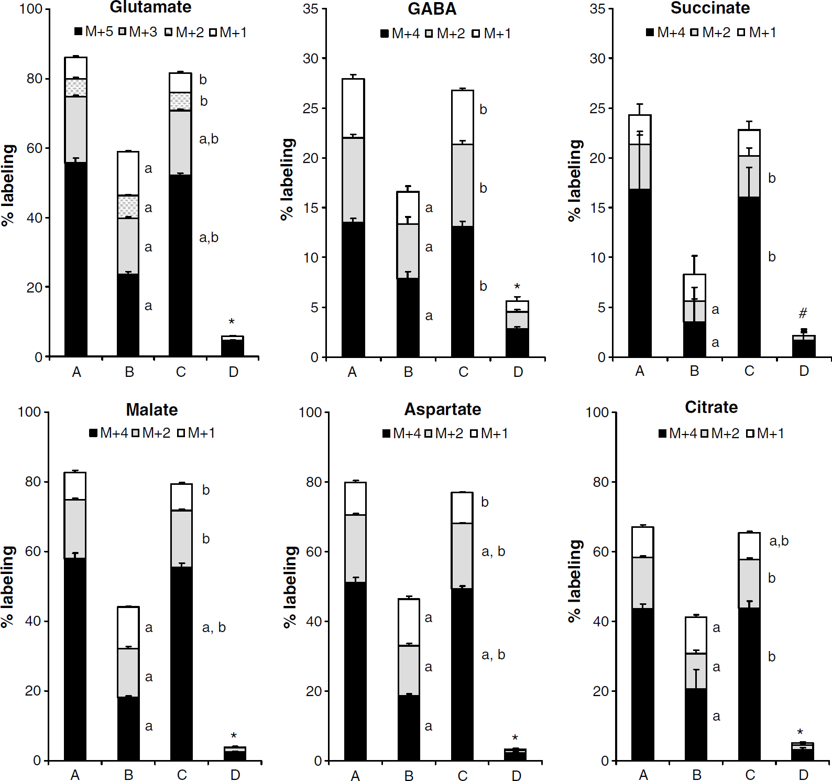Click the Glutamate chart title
tap(150, 7)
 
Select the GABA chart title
tap(432, 9)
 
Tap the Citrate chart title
tap(711, 407)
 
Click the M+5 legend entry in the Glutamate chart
tap(94, 32)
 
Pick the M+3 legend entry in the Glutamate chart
tap(138, 32)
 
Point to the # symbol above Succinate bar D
tap(803, 313)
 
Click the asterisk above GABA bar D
tap(517, 287)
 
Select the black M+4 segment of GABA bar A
tap(353, 289)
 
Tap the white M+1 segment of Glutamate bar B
tap(128, 173)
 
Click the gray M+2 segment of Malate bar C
tap(181, 539)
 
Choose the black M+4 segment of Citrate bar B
tap(696, 724)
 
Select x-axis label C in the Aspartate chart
tap(463, 776)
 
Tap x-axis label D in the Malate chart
tap(235, 775)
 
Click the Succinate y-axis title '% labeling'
tap(575, 180)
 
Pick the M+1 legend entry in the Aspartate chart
tap(489, 433)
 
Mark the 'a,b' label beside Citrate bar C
tap(779, 541)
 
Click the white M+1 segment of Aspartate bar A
tap(356, 498)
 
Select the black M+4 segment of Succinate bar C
tap(749, 277)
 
